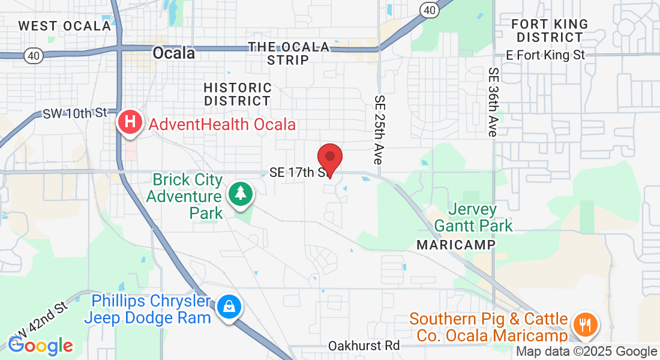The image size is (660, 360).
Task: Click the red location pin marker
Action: point(329,158)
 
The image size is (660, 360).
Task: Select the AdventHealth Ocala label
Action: point(222,125)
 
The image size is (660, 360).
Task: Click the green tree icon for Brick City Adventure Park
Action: point(241,193)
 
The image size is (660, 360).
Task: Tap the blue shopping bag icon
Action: point(229,307)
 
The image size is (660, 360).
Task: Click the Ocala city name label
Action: point(174,53)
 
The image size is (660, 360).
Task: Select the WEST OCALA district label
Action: point(65,26)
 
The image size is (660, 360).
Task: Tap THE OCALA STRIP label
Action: point(289,53)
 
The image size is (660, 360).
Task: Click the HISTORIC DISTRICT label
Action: point(238,94)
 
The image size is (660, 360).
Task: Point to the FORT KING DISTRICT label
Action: point(550,31)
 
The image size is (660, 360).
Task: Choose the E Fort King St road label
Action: point(545,55)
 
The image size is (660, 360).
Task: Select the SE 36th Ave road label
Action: point(493,102)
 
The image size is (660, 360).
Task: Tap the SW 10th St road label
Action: point(74,113)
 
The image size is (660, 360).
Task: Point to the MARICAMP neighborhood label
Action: point(456,245)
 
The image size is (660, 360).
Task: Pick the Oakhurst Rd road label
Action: point(364,346)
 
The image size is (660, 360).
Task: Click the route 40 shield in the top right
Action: point(428,9)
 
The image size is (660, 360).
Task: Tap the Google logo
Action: point(40,346)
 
